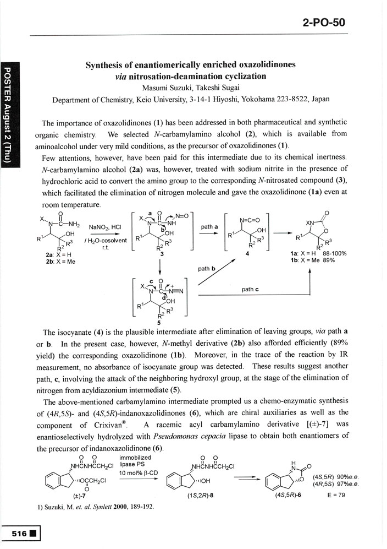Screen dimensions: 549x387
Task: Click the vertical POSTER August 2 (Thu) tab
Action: (9, 118)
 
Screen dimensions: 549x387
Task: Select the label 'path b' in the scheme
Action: (206, 268)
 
